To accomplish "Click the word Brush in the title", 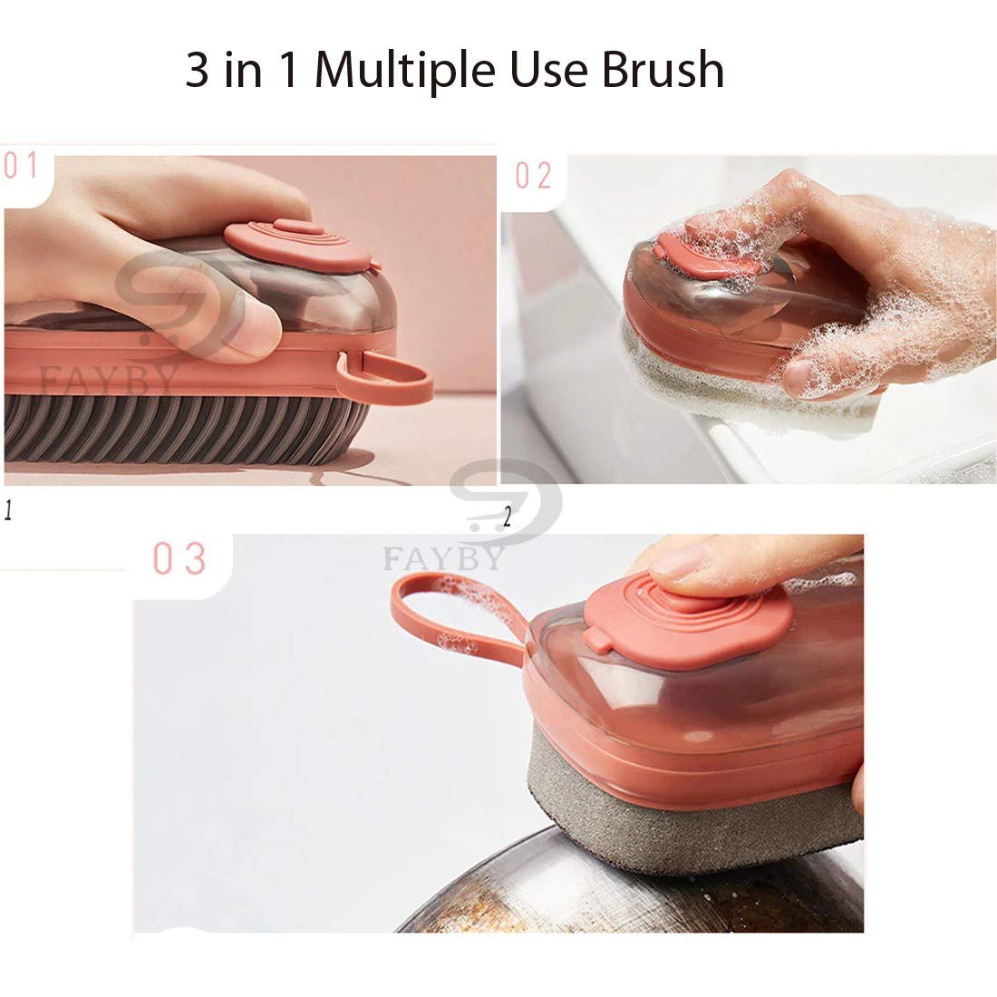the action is click(662, 69).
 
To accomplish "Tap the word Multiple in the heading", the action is click(404, 71).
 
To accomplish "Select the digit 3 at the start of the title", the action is click(197, 69).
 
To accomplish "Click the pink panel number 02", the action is click(533, 176).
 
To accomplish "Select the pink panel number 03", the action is click(179, 558).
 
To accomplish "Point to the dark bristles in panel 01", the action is click(184, 430).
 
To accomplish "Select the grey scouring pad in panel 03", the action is click(693, 808).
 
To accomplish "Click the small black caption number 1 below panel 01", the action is click(8, 510).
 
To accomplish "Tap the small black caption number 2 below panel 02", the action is click(507, 518).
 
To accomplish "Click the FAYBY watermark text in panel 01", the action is click(108, 381).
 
